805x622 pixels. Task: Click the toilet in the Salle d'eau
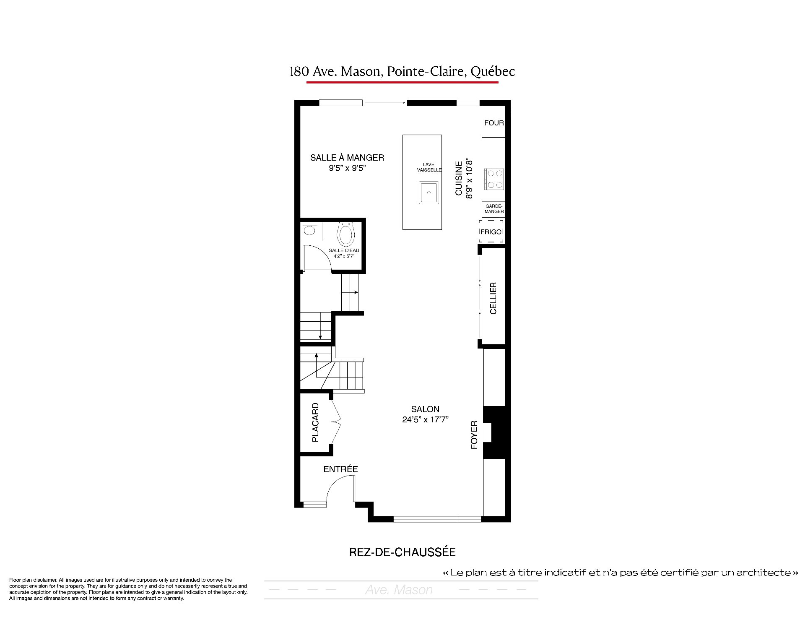(346, 234)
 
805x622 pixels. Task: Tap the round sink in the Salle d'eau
(309, 230)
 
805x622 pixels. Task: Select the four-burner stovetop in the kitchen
(493, 179)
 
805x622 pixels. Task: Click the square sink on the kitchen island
(428, 193)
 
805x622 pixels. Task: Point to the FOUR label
(494, 123)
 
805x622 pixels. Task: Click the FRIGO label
(491, 232)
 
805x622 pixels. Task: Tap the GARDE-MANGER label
(494, 208)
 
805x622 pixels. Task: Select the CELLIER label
(493, 298)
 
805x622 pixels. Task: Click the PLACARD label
(315, 422)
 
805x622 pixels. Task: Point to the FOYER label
(474, 435)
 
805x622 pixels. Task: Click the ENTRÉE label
(340, 469)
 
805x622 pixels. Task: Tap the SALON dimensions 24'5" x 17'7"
(425, 419)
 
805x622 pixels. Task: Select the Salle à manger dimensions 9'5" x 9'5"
(347, 168)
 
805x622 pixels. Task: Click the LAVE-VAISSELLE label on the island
(429, 167)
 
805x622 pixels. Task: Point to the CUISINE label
(459, 178)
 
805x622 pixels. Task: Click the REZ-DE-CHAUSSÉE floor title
(402, 552)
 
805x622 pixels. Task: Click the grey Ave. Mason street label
(399, 590)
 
